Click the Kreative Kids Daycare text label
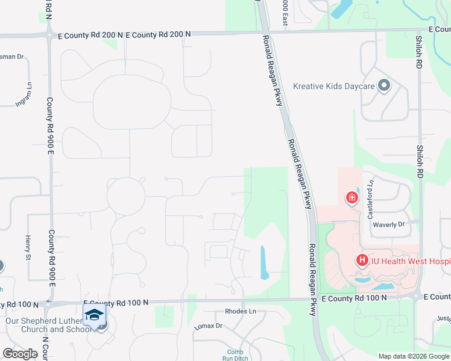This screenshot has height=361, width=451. click(333, 86)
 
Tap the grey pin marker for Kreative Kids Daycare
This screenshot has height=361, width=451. click(383, 86)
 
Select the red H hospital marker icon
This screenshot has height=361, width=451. click(362, 260)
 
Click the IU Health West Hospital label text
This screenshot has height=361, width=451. click(410, 261)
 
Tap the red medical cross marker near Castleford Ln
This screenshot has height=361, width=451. click(351, 197)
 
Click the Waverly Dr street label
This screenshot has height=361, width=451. click(388, 224)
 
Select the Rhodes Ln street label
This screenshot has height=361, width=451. click(240, 311)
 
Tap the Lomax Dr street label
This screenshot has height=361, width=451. click(209, 326)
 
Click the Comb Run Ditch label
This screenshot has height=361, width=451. click(235, 355)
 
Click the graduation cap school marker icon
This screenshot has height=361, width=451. click(94, 315)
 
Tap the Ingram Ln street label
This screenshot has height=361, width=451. click(25, 94)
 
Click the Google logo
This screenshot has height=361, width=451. click(20, 354)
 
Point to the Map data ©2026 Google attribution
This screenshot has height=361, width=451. click(413, 356)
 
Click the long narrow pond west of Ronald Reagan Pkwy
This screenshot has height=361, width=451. click(264, 262)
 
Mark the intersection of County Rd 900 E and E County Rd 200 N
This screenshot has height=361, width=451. click(49, 35)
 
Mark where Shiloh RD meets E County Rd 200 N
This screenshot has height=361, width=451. click(420, 29)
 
